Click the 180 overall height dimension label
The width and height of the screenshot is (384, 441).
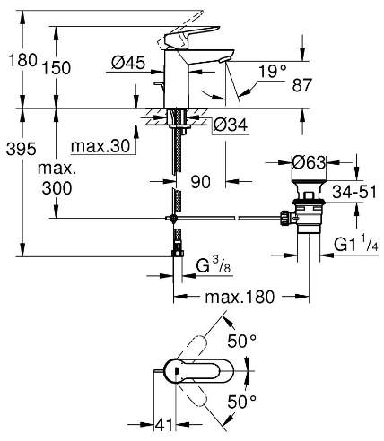[22, 60]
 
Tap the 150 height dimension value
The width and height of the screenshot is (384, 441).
[57, 68]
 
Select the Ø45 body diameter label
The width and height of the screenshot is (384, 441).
[128, 63]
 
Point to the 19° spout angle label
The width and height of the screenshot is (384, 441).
[273, 72]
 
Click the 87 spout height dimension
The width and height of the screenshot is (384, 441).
[302, 85]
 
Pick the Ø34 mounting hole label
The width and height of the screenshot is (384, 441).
[230, 125]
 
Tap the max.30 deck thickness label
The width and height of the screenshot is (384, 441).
[100, 146]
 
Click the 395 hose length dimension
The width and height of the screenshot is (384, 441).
[22, 149]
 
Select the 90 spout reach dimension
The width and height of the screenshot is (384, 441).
[201, 182]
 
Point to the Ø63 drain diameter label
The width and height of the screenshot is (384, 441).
[309, 163]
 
